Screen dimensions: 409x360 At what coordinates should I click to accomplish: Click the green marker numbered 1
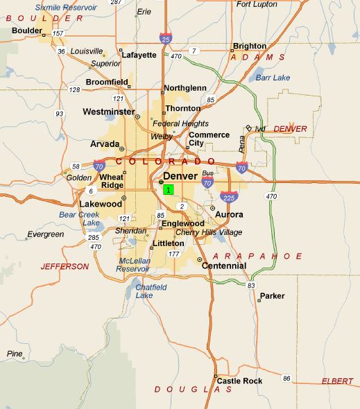coord(169,189)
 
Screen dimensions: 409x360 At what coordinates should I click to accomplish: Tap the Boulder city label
coord(27,31)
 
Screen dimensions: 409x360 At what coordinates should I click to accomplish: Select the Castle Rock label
coord(239,381)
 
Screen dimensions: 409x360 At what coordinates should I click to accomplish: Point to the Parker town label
coord(272,296)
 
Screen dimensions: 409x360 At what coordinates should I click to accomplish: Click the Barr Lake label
coord(273,78)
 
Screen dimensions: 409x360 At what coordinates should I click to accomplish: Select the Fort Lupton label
coord(257,4)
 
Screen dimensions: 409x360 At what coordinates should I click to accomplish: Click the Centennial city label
coord(224,266)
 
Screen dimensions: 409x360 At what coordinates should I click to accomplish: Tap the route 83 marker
coord(251,286)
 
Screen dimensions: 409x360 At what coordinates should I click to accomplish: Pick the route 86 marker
coord(286,378)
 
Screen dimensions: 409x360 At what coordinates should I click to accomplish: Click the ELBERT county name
coord(337,382)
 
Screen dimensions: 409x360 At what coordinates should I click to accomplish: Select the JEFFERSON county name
coord(65,266)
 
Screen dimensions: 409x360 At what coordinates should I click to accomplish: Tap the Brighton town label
coord(250,46)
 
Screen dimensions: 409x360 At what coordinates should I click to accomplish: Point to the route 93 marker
coord(60,114)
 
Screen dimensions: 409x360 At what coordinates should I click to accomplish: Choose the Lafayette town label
coord(141,55)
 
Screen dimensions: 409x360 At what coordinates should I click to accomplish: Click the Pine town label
coord(15,354)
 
